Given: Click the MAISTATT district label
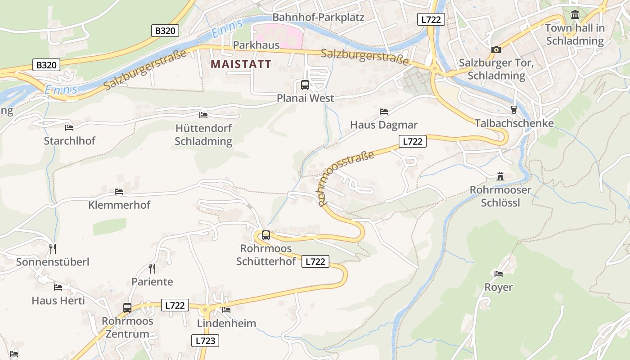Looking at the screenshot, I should pos(241,64).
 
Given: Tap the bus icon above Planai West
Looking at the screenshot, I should pos(305,85).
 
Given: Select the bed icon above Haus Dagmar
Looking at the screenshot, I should pos(383,111).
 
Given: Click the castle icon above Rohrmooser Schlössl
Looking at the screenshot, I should pos(500,176).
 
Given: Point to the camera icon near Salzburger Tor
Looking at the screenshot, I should pos(496,49).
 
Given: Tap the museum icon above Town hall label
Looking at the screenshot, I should pos(575,15).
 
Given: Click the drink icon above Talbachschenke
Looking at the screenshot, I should pos(513,110).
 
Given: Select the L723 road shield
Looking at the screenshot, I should pos(206,341).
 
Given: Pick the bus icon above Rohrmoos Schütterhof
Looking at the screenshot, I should pos(266,235).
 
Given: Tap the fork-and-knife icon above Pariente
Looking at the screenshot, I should pos(152,269).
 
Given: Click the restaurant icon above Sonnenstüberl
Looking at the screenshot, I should pos(53,249).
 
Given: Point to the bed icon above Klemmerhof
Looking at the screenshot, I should pos(119,192).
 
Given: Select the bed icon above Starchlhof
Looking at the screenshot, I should pos(69,128).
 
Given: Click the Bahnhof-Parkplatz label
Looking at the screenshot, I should pos(318,18).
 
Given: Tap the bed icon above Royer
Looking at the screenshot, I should pos(498,274).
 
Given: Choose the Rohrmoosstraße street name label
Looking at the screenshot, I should pos(346,178).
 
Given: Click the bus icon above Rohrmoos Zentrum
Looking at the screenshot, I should pos(127,308).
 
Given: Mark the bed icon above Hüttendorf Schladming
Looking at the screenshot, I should pos(203,115).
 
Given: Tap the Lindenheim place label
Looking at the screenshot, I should pos(226,323).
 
